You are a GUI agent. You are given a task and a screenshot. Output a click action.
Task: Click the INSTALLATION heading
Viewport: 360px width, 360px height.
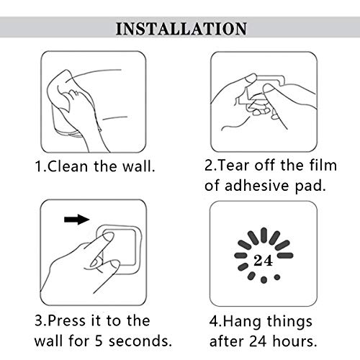pyautogui.click(x=181, y=29)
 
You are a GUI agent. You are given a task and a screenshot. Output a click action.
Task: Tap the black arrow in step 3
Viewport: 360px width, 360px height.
pyautogui.click(x=77, y=220)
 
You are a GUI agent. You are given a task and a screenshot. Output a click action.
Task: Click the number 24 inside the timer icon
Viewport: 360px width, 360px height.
pyautogui.click(x=264, y=260)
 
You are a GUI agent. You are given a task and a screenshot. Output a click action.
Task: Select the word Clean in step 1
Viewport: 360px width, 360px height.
pyautogui.click(x=68, y=166)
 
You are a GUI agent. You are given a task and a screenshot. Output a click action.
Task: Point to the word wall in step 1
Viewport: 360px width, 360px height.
pyautogui.click(x=139, y=166)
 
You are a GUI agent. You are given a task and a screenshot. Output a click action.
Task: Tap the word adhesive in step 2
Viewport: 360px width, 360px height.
pyautogui.click(x=256, y=185)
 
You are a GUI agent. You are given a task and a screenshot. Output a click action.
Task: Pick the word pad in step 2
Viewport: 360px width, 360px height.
pyautogui.click(x=310, y=186)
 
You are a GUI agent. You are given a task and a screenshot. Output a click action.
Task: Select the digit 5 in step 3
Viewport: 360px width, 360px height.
pyautogui.click(x=99, y=341)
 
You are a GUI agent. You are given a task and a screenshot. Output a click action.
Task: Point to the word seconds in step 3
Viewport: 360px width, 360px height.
pyautogui.click(x=140, y=341)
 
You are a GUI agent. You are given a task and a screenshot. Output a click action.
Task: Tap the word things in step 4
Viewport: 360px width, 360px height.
pyautogui.click(x=289, y=322)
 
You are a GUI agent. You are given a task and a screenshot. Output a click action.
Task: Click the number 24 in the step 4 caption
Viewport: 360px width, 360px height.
pyautogui.click(x=258, y=341)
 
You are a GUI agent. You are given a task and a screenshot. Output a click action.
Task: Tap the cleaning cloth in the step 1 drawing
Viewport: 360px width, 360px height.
pyautogui.click(x=60, y=91)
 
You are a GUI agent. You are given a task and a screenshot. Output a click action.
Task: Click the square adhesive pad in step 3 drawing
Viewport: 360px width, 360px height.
pyautogui.click(x=120, y=249)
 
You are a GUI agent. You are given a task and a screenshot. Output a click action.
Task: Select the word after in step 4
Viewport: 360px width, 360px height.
pyautogui.click(x=226, y=341)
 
